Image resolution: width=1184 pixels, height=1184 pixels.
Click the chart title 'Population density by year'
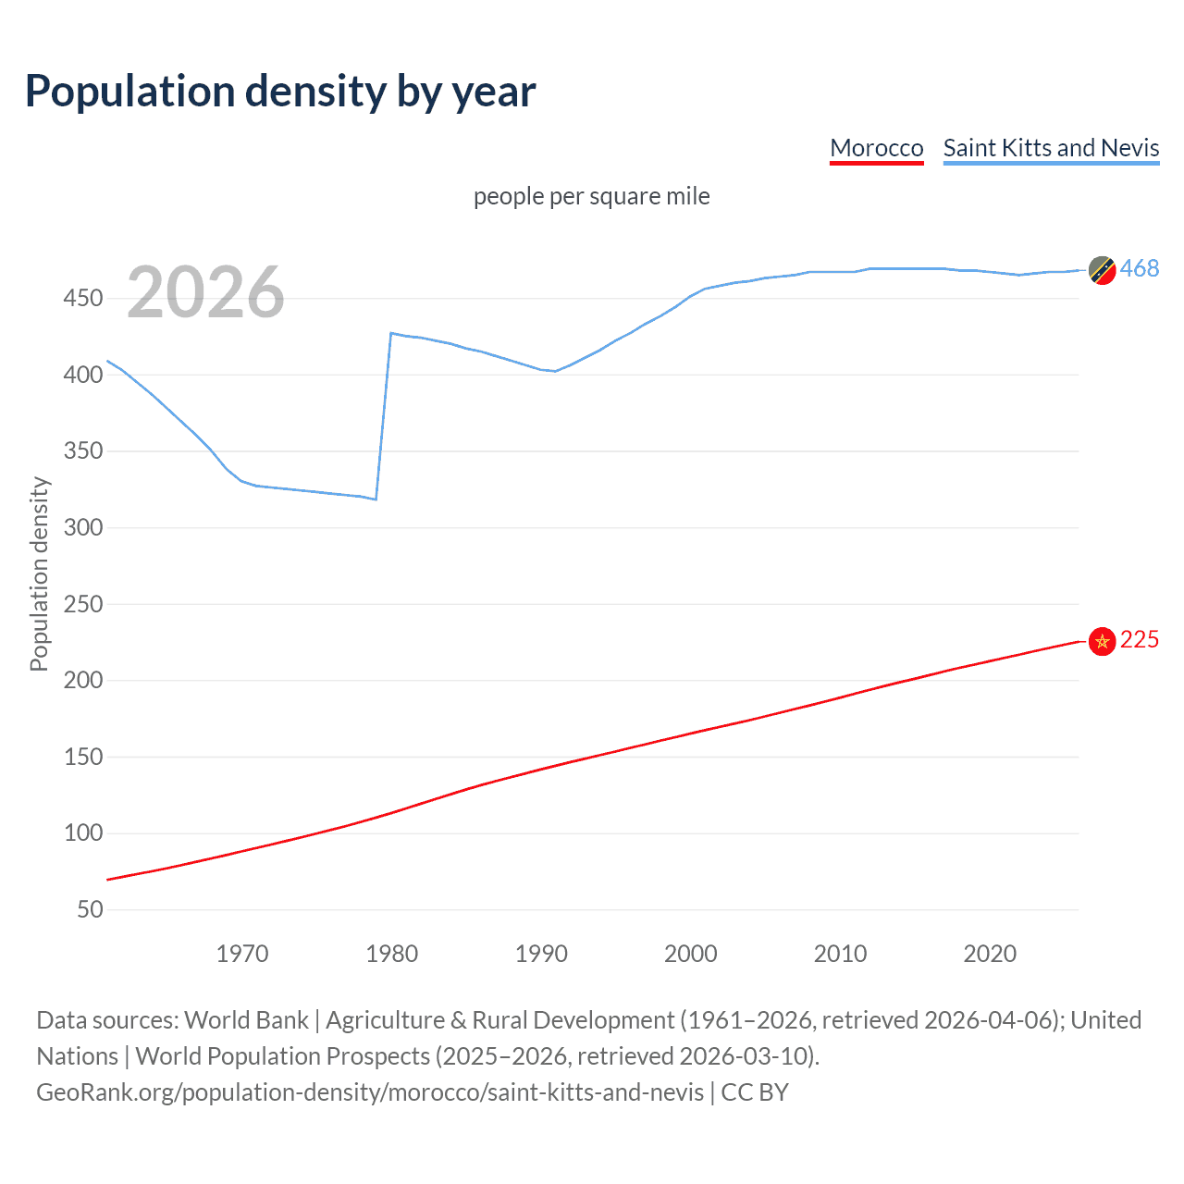click(x=280, y=91)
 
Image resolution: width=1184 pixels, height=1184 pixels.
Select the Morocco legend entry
click(x=876, y=148)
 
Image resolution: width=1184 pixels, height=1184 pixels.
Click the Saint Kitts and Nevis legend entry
click(x=1051, y=148)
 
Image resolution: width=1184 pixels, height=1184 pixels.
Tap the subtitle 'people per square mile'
click(x=591, y=196)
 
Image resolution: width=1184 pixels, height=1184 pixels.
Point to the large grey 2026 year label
click(x=205, y=292)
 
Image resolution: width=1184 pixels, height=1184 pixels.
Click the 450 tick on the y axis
click(x=83, y=298)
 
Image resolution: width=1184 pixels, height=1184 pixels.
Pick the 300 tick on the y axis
click(x=83, y=527)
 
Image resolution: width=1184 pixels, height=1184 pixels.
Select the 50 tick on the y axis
click(x=90, y=909)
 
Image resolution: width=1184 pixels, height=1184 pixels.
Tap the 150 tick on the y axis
click(x=83, y=757)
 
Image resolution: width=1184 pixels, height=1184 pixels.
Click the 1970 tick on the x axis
click(x=242, y=954)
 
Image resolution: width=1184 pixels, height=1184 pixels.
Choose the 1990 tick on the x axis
click(x=541, y=954)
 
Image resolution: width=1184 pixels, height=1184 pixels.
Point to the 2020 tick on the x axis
click(x=990, y=954)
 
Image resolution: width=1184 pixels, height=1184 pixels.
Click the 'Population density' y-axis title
click(x=39, y=573)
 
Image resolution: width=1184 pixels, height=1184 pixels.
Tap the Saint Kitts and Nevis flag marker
click(x=1102, y=270)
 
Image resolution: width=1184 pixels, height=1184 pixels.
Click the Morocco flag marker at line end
click(x=1102, y=641)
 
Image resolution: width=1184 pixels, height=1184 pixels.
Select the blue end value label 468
click(x=1139, y=268)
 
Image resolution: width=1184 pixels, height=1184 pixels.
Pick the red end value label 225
click(x=1139, y=640)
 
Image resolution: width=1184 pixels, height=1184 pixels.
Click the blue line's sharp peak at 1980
click(x=391, y=333)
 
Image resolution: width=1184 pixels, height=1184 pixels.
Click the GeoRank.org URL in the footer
click(x=370, y=1092)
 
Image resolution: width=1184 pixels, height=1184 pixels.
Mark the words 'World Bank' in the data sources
click(x=246, y=1020)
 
